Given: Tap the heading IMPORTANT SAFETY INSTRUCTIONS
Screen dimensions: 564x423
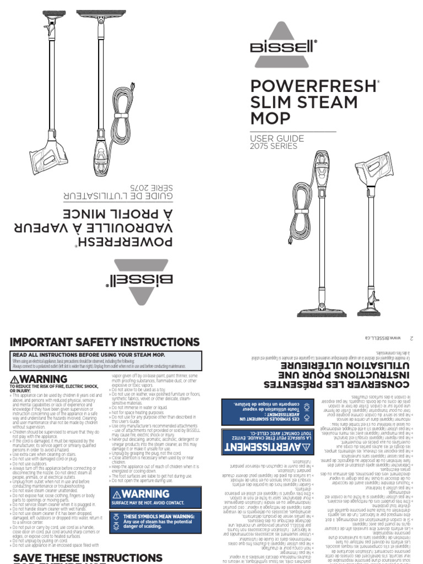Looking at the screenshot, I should pos(105,343).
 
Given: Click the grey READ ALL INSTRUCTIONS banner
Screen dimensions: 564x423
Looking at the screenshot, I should pos(105,356).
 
